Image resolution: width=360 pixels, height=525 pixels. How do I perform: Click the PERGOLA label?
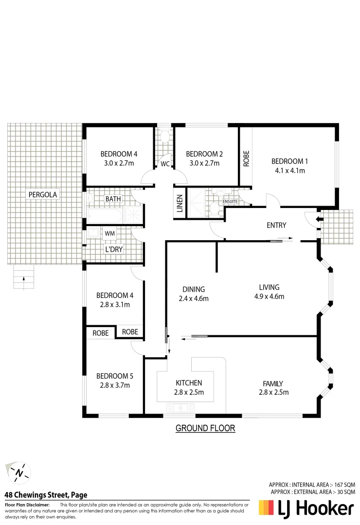43,194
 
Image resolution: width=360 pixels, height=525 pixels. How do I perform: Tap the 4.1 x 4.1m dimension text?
289,171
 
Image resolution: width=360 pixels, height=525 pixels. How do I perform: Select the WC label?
165,164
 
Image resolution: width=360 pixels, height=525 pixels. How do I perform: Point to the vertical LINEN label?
180,203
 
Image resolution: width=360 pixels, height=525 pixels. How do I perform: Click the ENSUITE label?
230,201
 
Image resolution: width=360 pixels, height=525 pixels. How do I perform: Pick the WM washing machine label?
110,233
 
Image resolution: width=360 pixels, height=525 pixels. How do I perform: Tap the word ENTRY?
276,225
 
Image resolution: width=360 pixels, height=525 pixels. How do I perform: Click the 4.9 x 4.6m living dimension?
269,297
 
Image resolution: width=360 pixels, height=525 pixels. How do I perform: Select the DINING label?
194,289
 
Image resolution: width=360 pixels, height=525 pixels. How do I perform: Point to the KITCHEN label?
189,383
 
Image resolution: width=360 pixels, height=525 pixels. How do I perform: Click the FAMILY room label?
273,384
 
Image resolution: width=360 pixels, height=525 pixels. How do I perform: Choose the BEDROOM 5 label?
115,376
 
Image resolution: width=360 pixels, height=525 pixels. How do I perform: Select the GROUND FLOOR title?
205,428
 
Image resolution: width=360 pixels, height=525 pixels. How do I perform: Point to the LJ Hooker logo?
306,508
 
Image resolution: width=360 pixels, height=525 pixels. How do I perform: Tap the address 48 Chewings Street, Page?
46,495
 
